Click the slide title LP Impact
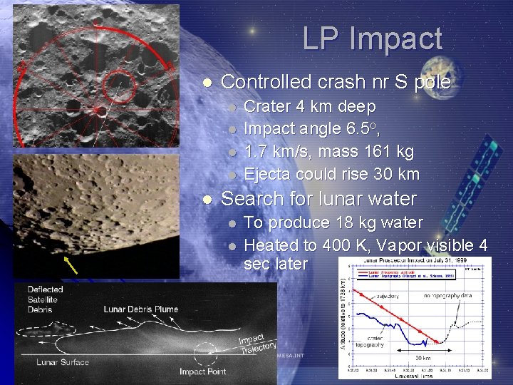click(372, 38)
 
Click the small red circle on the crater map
click(118, 86)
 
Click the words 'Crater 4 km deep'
click(310, 107)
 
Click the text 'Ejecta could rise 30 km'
click(331, 174)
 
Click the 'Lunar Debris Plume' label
click(140, 309)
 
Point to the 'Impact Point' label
click(202, 371)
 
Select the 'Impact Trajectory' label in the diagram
click(256, 344)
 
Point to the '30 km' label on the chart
click(423, 358)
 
